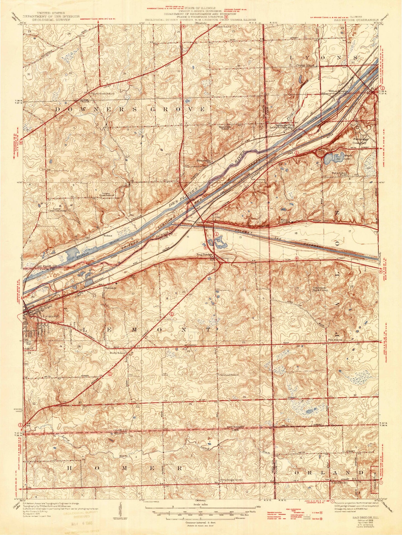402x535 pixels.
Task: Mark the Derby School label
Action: coord(117,352)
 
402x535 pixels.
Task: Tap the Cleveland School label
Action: coord(228,375)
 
